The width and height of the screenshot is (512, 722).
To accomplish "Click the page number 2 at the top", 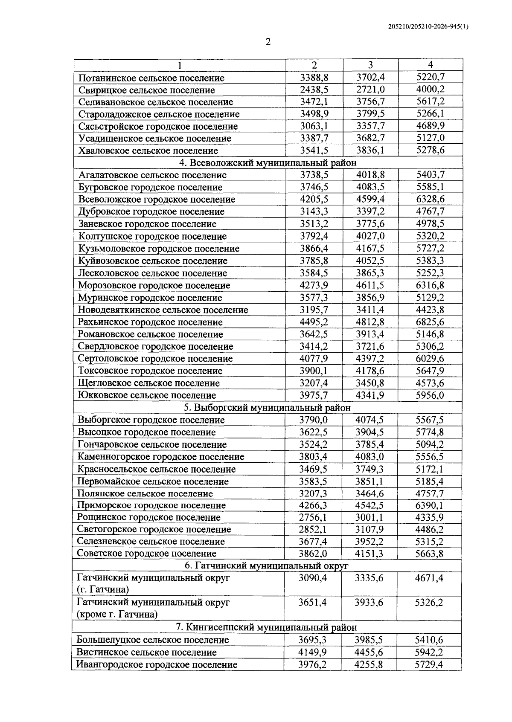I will click(x=268, y=42).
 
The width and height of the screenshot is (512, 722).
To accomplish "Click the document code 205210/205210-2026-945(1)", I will click(x=428, y=26).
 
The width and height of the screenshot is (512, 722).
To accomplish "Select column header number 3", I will click(x=370, y=65).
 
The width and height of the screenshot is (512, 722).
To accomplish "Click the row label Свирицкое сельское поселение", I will click(x=146, y=90).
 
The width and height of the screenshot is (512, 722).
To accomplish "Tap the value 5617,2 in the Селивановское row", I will click(x=430, y=101).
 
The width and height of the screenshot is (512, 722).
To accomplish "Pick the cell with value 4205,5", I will click(x=314, y=199).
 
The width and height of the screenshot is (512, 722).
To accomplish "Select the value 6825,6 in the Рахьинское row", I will click(x=430, y=322).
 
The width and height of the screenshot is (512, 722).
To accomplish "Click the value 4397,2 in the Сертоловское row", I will click(x=370, y=358).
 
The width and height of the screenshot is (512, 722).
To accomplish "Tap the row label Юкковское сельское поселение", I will click(x=147, y=395).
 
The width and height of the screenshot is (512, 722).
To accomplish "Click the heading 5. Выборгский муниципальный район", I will click(x=267, y=407).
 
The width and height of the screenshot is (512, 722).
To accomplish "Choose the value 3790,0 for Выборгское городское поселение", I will click(x=314, y=420).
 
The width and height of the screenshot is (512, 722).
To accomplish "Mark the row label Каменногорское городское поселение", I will click(x=161, y=457).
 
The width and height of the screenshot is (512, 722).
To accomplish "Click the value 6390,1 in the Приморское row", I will click(x=429, y=505).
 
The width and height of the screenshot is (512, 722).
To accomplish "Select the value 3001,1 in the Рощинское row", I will click(x=369, y=517).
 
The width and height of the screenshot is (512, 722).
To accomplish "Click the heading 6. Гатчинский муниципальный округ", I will click(x=267, y=566).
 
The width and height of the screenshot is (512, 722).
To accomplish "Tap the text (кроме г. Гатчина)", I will click(x=117, y=615).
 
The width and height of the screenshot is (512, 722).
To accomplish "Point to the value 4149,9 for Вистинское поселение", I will click(x=313, y=652).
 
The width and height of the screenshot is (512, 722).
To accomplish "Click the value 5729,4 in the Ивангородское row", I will click(x=429, y=664).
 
